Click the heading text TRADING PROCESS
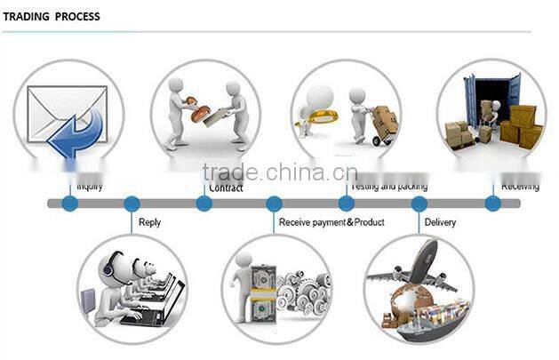click(x=51, y=17)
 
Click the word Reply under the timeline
click(x=149, y=222)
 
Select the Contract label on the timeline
click(x=225, y=188)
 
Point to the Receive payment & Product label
click(x=331, y=222)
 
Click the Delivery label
click(x=440, y=222)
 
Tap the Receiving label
click(x=520, y=187)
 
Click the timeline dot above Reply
click(x=132, y=204)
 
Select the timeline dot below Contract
click(x=204, y=204)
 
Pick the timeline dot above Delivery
click(x=419, y=204)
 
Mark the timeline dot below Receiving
click(x=493, y=204)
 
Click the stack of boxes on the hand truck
click(x=385, y=118)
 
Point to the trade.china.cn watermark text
click(x=279, y=172)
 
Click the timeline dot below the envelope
click(x=69, y=204)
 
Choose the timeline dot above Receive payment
click(x=274, y=204)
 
